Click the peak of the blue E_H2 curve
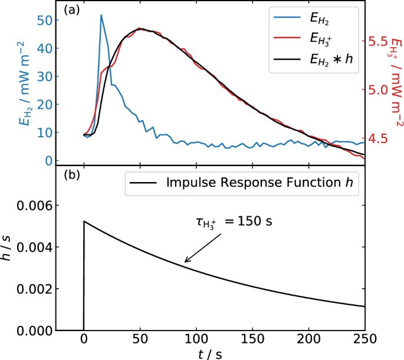[x=101, y=15]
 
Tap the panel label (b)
[x=73, y=176]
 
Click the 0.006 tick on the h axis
[x=35, y=206]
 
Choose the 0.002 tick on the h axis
[x=35, y=289]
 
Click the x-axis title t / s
[x=210, y=354]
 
